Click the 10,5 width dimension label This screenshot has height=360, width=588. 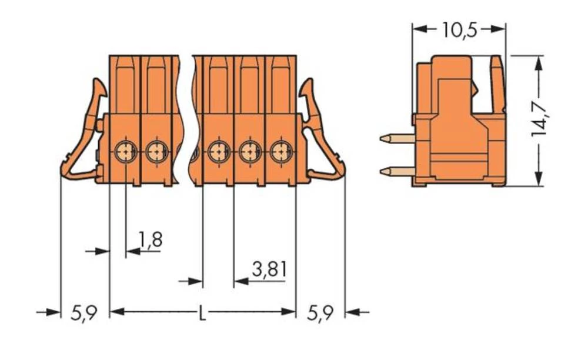click(x=459, y=30)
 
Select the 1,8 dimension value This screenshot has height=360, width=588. click(x=151, y=239)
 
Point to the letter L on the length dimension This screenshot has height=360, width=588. click(x=202, y=313)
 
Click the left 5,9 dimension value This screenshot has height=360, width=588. click(x=83, y=313)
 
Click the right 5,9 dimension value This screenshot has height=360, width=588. click(x=320, y=313)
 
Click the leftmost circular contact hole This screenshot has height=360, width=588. click(x=125, y=153)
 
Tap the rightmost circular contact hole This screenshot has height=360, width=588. click(x=280, y=153)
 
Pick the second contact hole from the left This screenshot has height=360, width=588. click(x=155, y=153)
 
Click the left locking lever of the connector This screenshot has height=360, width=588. click(x=82, y=135)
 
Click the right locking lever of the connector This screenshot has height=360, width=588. click(x=322, y=135)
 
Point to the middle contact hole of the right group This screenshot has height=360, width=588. click(x=249, y=153)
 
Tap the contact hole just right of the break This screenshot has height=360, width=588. click(x=218, y=153)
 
